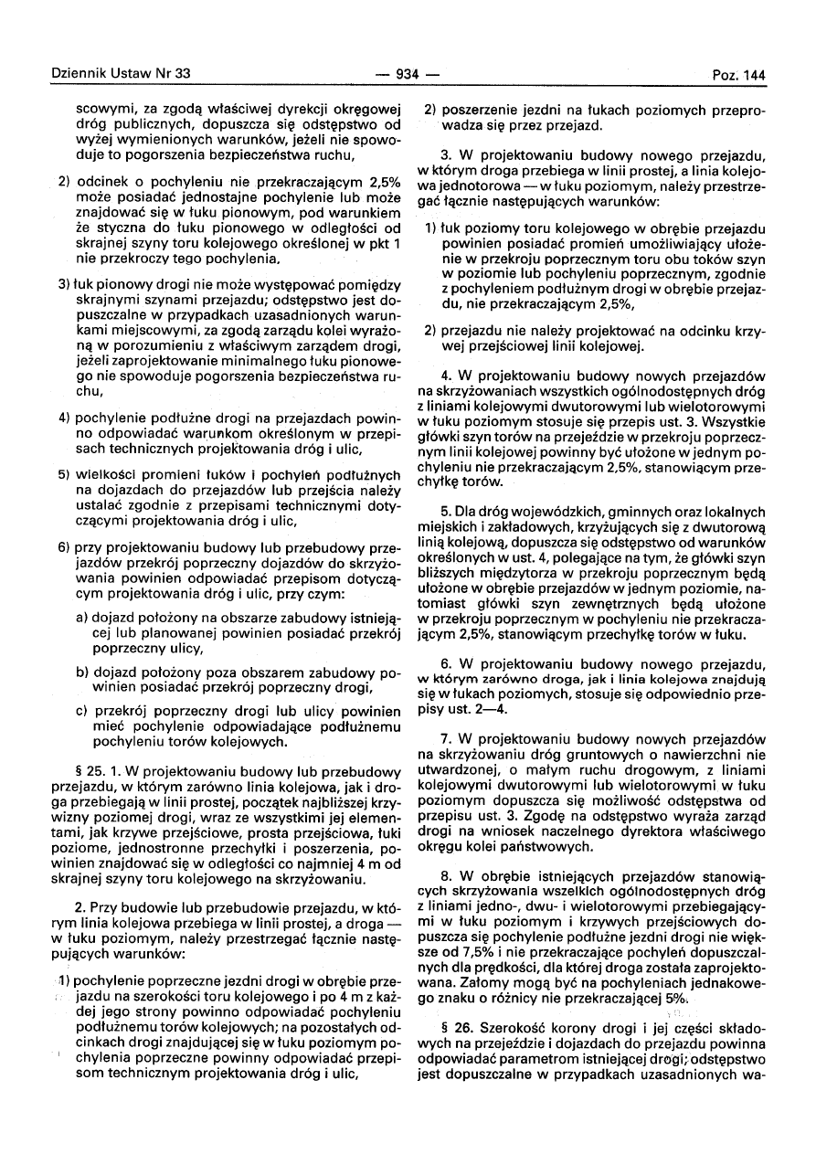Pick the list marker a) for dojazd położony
83,618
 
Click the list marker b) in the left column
83,672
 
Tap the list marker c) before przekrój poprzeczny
82,710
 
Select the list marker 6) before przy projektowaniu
65,547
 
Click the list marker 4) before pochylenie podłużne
65,417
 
